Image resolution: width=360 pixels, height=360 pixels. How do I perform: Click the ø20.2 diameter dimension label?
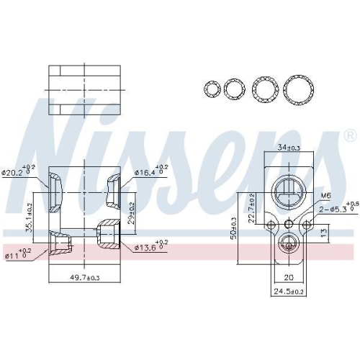click(x=17, y=172)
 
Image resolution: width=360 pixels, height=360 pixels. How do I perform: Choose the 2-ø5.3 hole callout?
click(x=333, y=210)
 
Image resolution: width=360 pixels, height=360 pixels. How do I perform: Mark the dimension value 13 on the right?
click(x=325, y=232)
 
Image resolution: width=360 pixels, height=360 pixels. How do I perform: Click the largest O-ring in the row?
click(x=298, y=90)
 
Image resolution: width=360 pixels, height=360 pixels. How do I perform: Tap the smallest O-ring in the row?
click(x=212, y=89)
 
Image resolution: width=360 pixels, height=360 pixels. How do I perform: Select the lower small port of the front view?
click(x=288, y=243)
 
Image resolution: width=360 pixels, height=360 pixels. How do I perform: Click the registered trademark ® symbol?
click(x=349, y=135)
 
